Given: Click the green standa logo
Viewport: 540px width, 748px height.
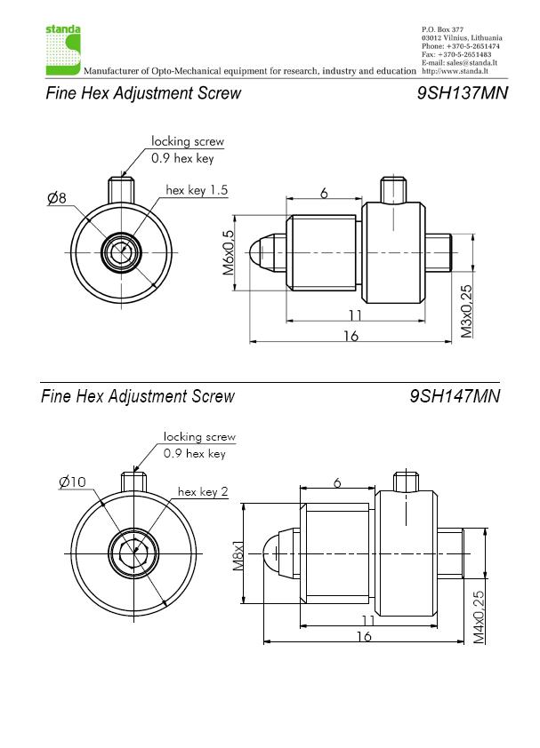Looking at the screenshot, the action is tap(63, 50).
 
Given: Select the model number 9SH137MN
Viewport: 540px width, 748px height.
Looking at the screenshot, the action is tap(462, 92).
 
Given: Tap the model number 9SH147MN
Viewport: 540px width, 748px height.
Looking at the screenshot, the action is tap(455, 395).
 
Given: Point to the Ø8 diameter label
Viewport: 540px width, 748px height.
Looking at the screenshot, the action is tap(57, 197).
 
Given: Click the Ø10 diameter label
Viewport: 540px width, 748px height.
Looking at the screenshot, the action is tap(72, 481).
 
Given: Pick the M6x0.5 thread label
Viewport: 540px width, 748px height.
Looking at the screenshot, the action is tap(228, 253).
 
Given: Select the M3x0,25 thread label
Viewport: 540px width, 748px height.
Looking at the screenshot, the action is tap(466, 311).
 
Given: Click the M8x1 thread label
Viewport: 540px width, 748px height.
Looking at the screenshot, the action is tap(238, 555).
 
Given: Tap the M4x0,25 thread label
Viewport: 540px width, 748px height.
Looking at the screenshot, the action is tap(479, 617).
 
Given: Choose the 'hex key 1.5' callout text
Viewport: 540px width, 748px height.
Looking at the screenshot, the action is tap(197, 190).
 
